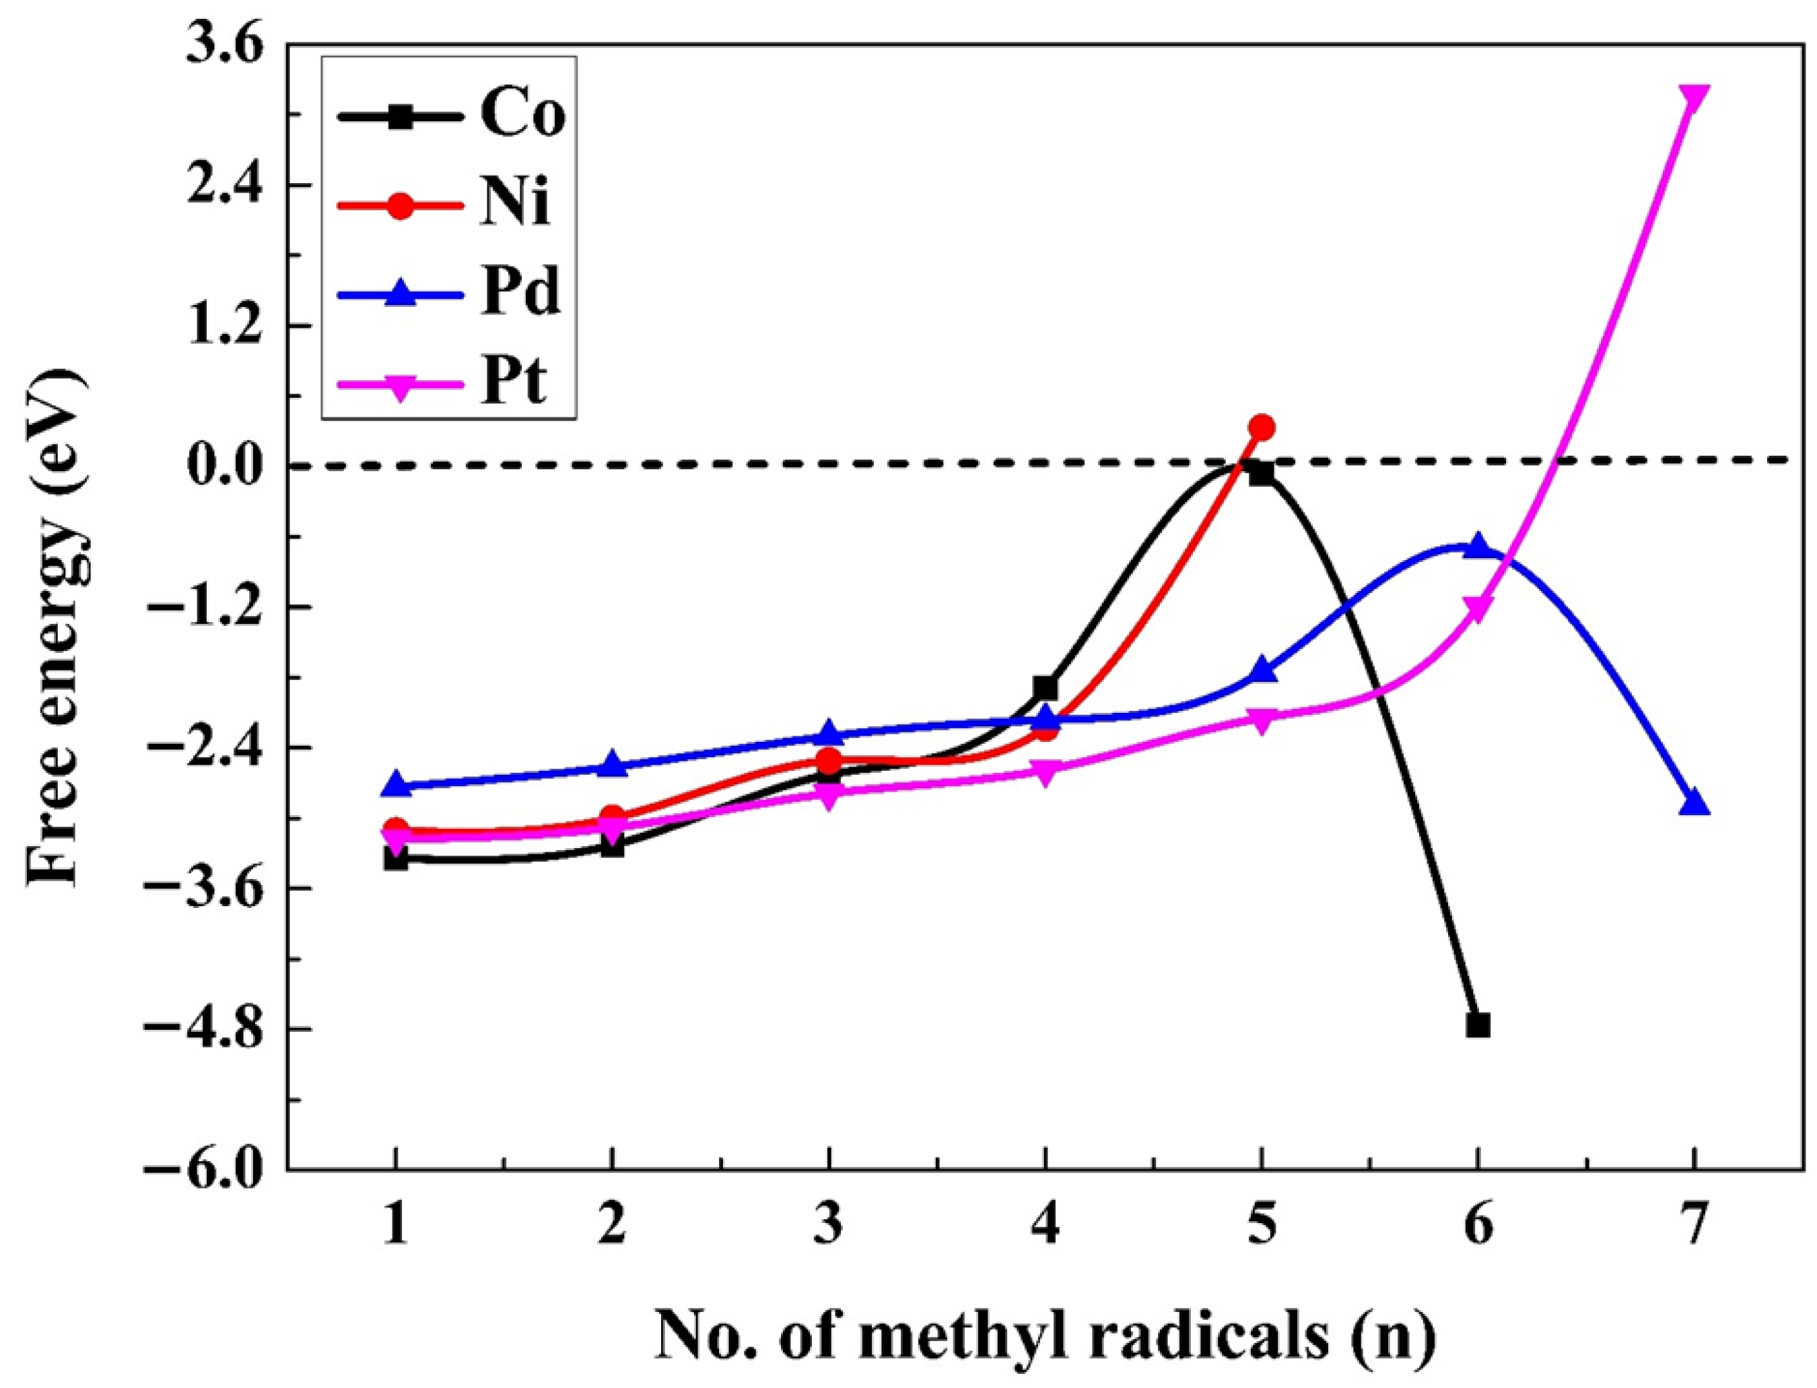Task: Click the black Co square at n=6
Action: coord(1478,1025)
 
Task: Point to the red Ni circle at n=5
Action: coord(1262,427)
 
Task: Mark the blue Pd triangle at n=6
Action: coord(1478,545)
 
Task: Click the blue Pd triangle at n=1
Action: coord(397,784)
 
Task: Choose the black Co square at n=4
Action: coord(1045,687)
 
